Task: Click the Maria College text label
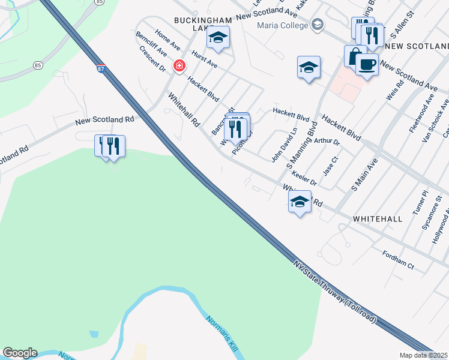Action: click(281, 25)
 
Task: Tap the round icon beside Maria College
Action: click(318, 25)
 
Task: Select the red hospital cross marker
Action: click(179, 66)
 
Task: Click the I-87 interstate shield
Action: click(101, 70)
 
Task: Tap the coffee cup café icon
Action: click(367, 64)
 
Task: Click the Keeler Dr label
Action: click(304, 179)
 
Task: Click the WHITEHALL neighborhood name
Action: click(378, 219)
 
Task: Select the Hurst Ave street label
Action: click(204, 59)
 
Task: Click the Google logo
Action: click(20, 353)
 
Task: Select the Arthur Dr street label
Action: click(327, 142)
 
